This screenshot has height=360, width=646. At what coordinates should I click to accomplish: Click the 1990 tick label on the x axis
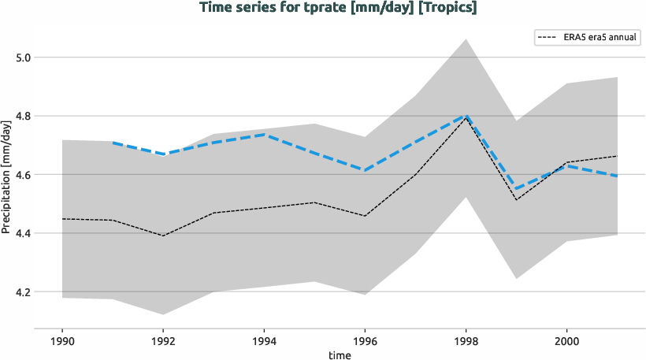(x=61, y=341)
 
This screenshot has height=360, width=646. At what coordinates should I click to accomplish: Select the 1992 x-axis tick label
(x=162, y=341)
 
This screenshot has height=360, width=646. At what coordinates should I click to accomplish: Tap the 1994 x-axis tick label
(x=263, y=341)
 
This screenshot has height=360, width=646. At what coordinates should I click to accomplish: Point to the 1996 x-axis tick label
(x=364, y=341)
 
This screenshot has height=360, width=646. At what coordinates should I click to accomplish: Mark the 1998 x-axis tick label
(x=466, y=341)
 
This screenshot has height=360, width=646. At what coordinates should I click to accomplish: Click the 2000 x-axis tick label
(x=566, y=341)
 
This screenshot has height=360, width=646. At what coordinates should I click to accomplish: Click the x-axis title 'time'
(x=340, y=354)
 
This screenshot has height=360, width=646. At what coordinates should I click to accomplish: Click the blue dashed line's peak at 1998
(x=466, y=116)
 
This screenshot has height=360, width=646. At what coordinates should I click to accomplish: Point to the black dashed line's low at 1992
(x=162, y=236)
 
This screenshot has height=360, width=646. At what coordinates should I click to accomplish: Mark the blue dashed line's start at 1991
(x=112, y=143)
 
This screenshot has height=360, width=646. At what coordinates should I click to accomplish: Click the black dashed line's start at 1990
(x=61, y=219)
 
